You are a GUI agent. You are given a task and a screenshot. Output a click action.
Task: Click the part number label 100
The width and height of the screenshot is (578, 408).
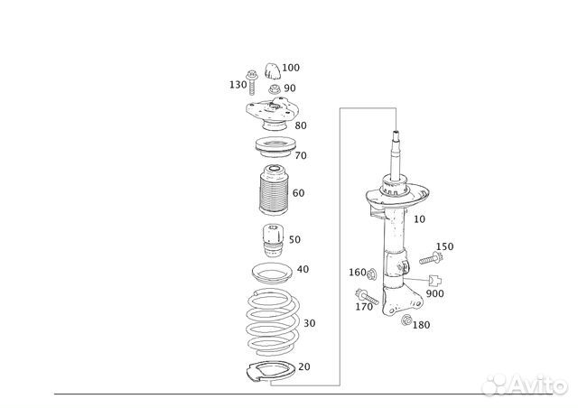[x=291, y=68]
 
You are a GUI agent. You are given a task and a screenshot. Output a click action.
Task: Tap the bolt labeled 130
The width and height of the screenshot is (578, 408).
[x=252, y=82]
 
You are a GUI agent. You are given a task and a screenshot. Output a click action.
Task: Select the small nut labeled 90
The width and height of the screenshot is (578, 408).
[x=274, y=88]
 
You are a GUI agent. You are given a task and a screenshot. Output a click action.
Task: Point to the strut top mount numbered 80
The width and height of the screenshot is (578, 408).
[x=271, y=114]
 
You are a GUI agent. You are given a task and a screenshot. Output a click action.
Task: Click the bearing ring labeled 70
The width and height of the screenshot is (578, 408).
[x=275, y=146]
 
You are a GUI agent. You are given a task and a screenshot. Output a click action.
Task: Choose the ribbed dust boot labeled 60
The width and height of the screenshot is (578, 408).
[x=274, y=190]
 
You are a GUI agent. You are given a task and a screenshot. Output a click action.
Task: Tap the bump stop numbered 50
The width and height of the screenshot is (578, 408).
[x=273, y=242]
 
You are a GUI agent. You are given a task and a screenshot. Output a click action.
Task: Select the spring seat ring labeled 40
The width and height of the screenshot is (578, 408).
[x=272, y=274]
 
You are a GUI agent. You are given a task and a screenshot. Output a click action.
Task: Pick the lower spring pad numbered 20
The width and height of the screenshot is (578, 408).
[x=270, y=372]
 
